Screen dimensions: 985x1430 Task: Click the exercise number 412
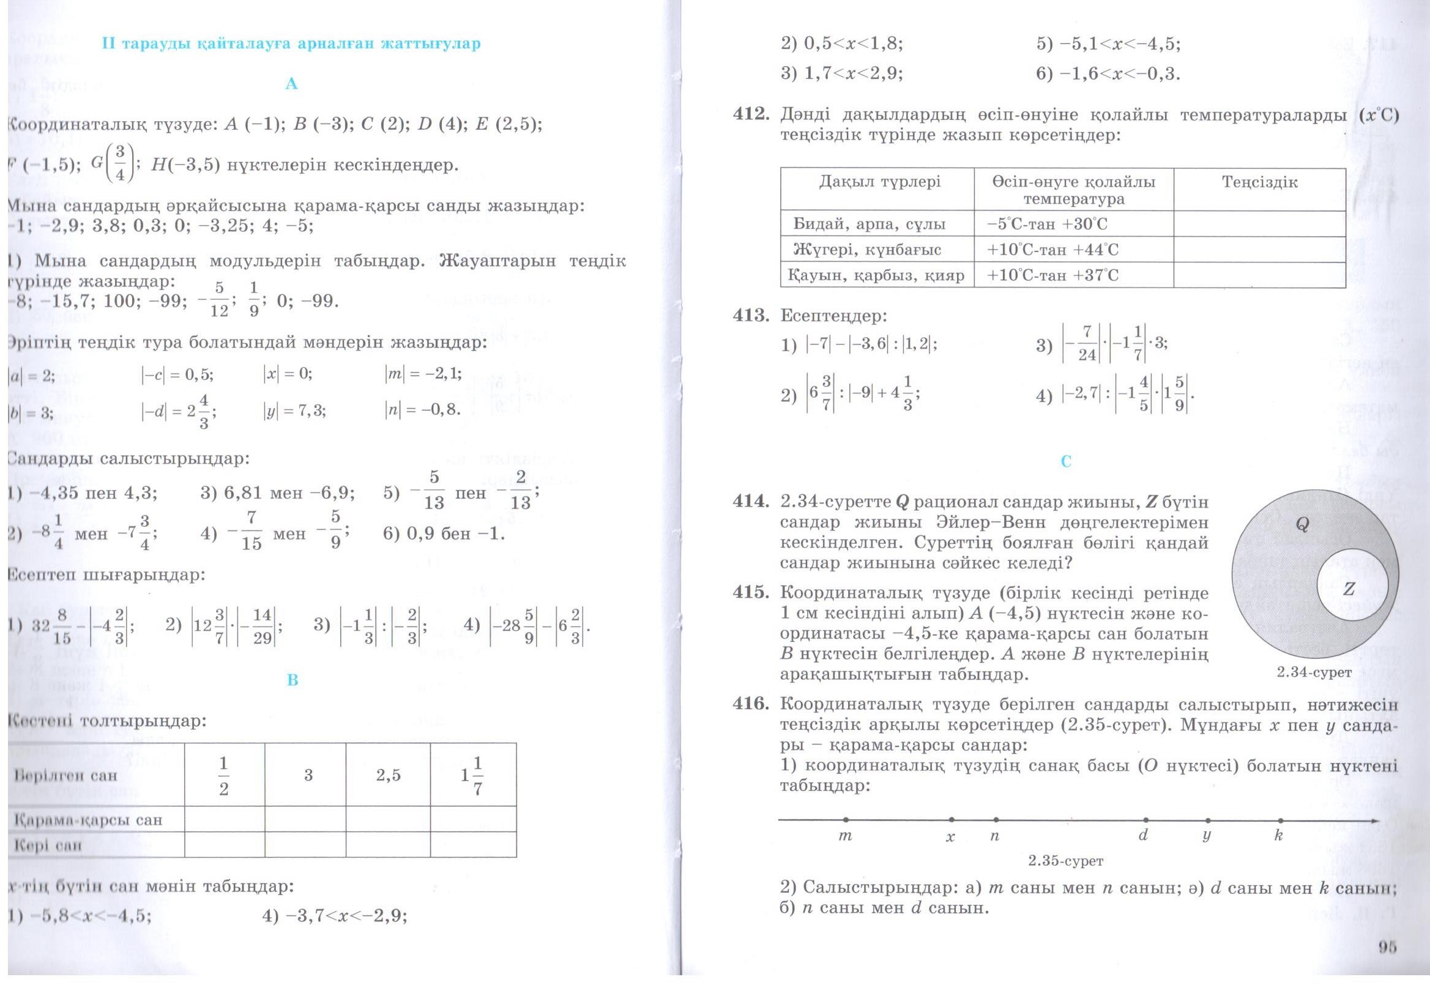tap(750, 115)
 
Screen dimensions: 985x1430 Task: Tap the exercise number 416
tap(750, 704)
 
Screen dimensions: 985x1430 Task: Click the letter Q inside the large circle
tap(1302, 524)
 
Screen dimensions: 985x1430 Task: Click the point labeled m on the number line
tap(846, 820)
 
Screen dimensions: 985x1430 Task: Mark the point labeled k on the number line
tap(1281, 820)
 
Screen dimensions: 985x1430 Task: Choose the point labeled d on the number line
tap(1145, 820)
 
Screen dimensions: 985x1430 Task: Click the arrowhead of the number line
tap(1374, 820)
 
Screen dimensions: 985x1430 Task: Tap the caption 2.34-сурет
tap(1314, 672)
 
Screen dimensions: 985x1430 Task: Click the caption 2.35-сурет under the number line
tap(1066, 860)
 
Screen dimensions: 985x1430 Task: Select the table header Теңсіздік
tap(1260, 182)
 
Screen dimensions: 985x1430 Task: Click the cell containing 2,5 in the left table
tap(388, 775)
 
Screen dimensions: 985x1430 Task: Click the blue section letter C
tap(1066, 461)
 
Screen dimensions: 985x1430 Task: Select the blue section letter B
tap(292, 680)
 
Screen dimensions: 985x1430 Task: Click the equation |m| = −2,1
tap(423, 373)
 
